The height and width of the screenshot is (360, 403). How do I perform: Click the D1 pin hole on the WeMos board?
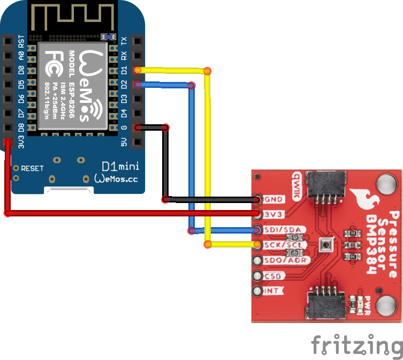point(138,70)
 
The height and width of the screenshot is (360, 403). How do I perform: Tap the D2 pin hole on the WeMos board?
point(138,84)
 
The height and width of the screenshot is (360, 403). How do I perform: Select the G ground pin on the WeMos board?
point(138,127)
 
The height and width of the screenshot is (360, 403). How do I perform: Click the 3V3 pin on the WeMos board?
point(7,142)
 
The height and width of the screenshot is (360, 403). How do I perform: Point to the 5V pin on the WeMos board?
point(138,142)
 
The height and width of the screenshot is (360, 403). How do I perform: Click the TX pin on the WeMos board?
point(138,41)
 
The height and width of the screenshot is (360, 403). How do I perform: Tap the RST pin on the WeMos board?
point(7,41)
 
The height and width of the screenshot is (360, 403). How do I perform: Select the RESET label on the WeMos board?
point(32,168)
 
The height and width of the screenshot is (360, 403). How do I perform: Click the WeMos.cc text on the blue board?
point(116,178)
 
